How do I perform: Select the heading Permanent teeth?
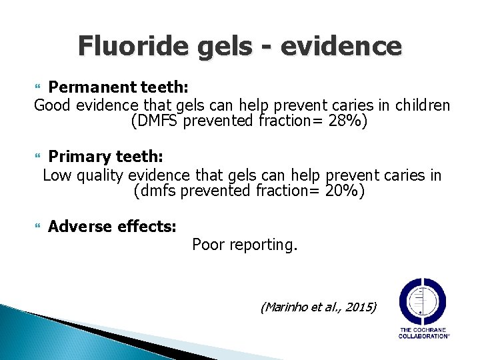[117, 87]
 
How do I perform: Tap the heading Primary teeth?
[105, 157]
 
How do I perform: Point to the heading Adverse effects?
[112, 227]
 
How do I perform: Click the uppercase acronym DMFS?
[159, 122]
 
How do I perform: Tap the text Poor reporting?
[245, 245]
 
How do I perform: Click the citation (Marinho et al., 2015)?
[319, 307]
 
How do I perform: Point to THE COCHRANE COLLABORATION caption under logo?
[423, 333]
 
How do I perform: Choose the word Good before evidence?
[51, 105]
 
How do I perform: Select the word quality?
[100, 175]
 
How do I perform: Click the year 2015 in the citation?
[360, 307]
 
